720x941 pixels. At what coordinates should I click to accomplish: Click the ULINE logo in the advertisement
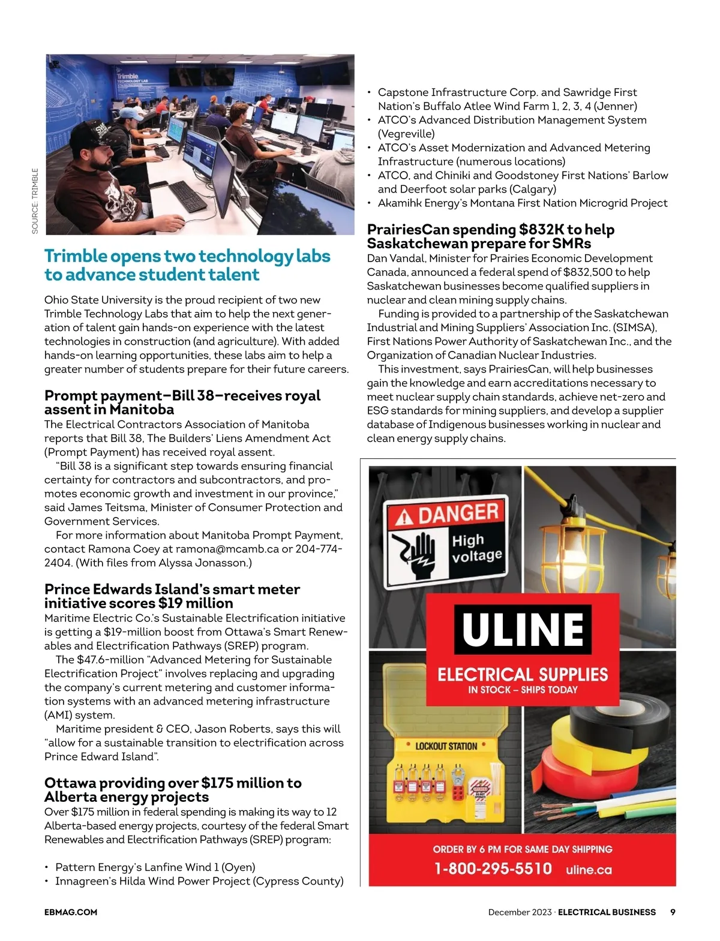(523, 629)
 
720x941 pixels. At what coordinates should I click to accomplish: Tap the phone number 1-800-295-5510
(493, 868)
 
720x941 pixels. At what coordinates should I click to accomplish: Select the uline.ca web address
(589, 870)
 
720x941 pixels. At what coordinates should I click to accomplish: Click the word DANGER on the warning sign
(458, 513)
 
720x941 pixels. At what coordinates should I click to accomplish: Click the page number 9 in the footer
(673, 912)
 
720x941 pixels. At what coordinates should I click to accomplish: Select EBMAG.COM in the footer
(71, 912)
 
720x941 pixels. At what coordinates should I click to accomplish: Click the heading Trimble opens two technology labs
(187, 257)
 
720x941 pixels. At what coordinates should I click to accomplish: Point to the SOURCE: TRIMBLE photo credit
(35, 201)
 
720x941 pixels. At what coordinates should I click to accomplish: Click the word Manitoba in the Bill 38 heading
(142, 410)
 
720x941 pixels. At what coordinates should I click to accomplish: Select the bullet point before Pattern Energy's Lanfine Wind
(47, 867)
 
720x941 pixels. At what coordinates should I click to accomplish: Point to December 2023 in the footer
(520, 912)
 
